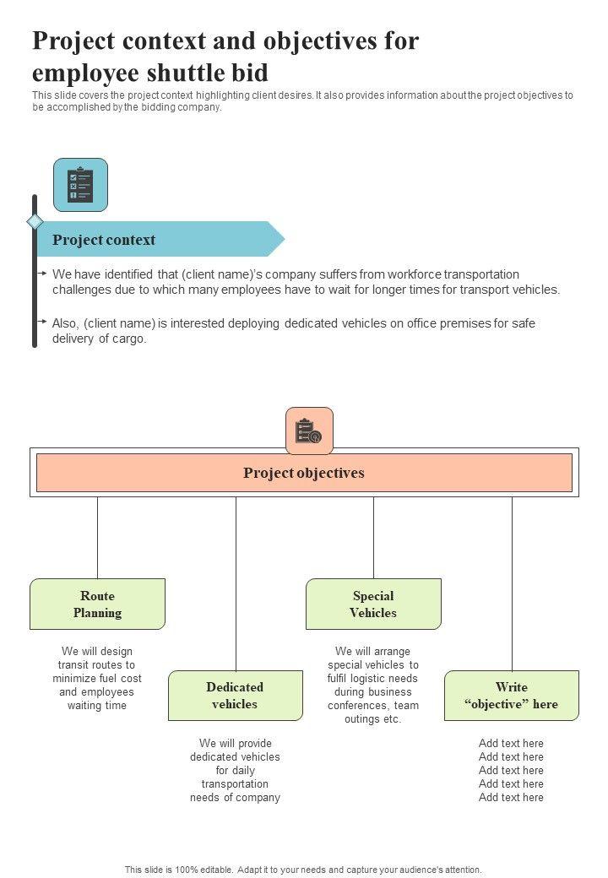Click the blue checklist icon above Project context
80,184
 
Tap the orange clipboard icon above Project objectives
309,431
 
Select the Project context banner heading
104,240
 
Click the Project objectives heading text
304,473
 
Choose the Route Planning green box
97,604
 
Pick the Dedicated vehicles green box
235,696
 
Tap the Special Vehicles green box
373,604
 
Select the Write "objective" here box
511,696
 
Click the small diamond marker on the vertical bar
35,221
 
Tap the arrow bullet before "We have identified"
42,274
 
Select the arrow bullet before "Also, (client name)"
42,322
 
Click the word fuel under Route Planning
111,679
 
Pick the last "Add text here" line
511,797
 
